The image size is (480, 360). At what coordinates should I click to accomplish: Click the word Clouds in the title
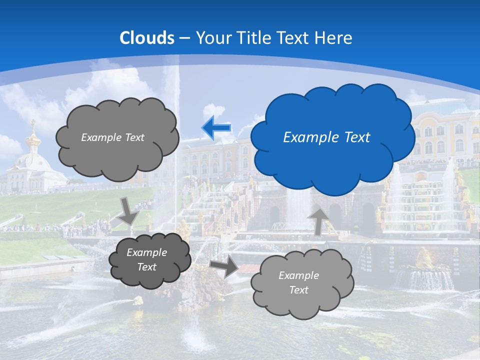click(147, 38)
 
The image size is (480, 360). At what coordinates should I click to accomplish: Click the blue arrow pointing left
click(216, 128)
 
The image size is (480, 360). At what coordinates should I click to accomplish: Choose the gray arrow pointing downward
click(128, 212)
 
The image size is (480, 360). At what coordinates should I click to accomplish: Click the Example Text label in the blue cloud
click(326, 137)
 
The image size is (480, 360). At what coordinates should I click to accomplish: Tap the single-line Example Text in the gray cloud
click(112, 137)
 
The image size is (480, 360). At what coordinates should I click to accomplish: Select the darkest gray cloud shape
click(150, 275)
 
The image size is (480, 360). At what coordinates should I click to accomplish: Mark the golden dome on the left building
click(33, 139)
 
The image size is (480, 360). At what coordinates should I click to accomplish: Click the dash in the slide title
click(185, 38)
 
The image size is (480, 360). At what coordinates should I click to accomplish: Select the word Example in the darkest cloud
click(146, 252)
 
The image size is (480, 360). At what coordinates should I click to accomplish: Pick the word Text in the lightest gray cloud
click(298, 290)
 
